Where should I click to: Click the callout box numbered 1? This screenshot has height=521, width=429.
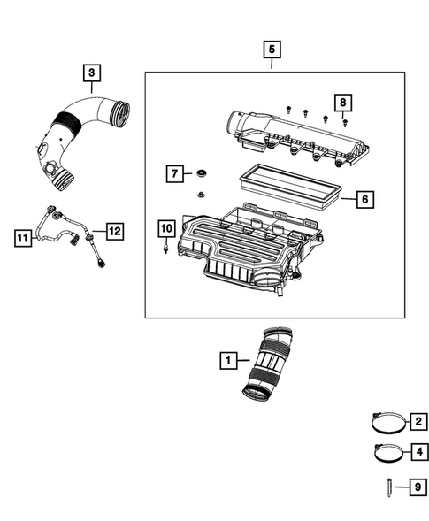pyautogui.click(x=229, y=360)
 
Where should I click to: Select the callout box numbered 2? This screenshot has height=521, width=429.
pyautogui.click(x=416, y=419)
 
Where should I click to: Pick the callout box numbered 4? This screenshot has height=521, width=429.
pyautogui.click(x=416, y=453)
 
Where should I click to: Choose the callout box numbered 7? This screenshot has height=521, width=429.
pyautogui.click(x=174, y=172)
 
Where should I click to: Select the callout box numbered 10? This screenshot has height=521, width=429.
pyautogui.click(x=166, y=228)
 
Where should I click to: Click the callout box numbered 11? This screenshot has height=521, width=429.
pyautogui.click(x=23, y=236)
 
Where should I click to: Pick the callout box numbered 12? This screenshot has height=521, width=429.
pyautogui.click(x=113, y=231)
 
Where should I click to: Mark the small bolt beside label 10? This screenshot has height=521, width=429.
pyautogui.click(x=165, y=250)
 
